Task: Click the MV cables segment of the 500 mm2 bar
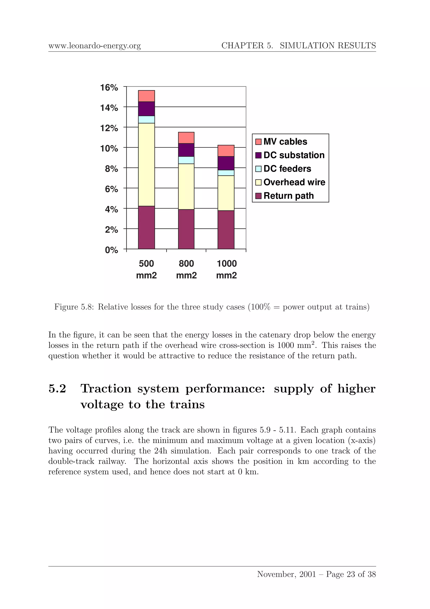tap(146, 96)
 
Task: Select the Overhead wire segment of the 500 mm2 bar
tap(146, 165)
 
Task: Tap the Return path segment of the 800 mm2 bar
tap(186, 229)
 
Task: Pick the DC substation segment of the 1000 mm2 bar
tap(226, 163)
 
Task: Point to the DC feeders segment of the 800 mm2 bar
tap(186, 160)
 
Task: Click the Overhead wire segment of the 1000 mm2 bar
tap(226, 193)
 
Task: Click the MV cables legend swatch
tap(258, 142)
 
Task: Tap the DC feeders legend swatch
tap(258, 169)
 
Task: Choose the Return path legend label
tap(288, 196)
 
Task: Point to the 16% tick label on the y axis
tap(109, 88)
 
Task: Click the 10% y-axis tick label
tap(109, 149)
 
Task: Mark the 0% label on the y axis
tap(111, 250)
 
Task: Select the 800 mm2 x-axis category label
tap(186, 269)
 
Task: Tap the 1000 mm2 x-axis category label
tap(227, 269)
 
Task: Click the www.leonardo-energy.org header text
tap(94, 46)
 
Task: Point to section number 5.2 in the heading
tap(57, 389)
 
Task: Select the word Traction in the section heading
tap(106, 389)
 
